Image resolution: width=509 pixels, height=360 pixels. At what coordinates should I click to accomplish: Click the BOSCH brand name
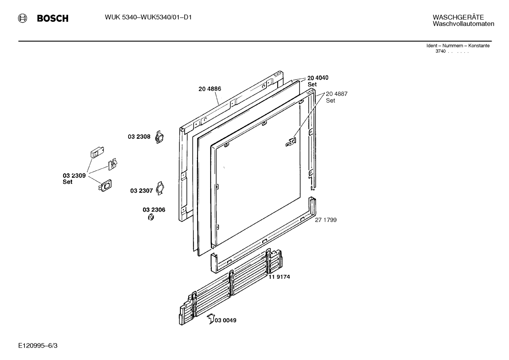tap(53, 18)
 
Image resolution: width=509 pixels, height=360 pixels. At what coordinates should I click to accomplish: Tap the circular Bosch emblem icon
tap(23, 18)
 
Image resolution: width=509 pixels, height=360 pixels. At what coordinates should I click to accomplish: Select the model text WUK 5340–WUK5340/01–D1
tap(148, 17)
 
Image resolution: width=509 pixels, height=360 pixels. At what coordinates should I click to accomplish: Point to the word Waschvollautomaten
tap(463, 24)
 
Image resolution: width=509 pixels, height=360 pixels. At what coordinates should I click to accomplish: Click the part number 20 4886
tap(210, 89)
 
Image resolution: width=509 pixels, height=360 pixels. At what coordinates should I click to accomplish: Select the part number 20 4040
tap(318, 78)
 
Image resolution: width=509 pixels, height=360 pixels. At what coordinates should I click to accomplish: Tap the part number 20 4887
tap(336, 94)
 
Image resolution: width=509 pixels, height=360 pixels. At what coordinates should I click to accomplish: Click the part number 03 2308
tap(139, 137)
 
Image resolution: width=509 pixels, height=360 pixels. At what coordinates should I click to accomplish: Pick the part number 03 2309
tap(74, 176)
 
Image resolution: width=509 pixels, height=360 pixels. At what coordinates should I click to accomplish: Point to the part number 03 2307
tap(141, 191)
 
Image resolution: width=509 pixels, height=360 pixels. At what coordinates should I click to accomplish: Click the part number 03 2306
tap(154, 210)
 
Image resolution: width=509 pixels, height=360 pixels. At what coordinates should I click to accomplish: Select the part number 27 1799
tap(325, 220)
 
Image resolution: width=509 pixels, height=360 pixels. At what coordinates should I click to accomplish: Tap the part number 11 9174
tap(279, 277)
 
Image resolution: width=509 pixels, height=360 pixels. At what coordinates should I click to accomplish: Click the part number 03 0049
tap(226, 320)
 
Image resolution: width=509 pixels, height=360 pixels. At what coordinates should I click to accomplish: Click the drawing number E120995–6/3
tap(38, 345)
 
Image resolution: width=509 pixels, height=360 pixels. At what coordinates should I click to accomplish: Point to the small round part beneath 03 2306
tap(151, 217)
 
